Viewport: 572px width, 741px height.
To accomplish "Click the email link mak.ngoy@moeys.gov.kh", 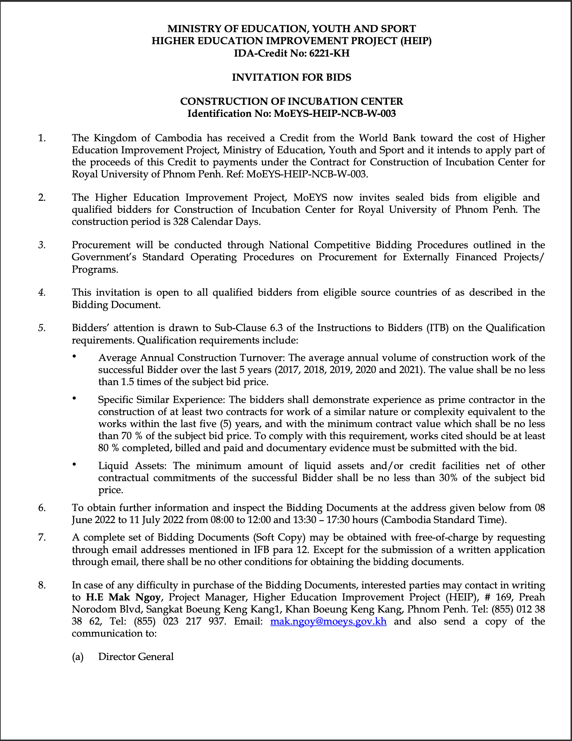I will point(328,621).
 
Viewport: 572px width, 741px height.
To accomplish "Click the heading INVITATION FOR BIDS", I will point(291,77).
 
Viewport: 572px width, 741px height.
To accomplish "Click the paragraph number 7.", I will point(42,537).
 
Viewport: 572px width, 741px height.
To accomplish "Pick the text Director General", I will point(136,657).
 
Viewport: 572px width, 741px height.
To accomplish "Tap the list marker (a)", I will point(78,657).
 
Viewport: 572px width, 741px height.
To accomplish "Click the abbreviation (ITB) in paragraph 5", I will point(437,328).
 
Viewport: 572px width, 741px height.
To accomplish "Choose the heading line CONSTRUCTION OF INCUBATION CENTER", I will point(291,101).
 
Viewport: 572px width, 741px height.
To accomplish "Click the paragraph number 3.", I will point(42,245).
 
